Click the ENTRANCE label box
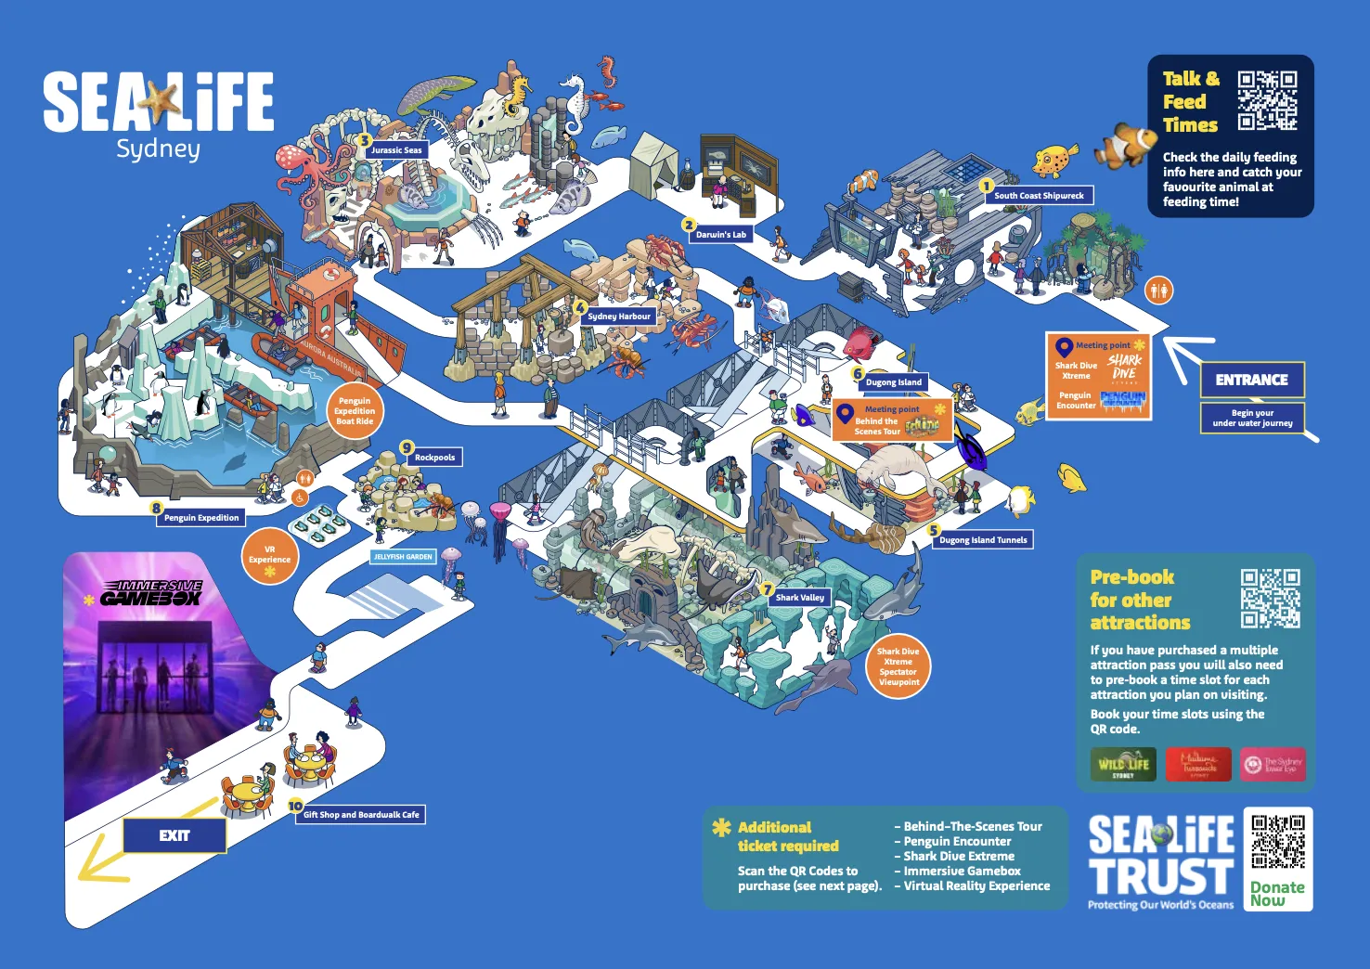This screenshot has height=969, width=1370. (1251, 380)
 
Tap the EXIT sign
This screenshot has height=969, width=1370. (174, 835)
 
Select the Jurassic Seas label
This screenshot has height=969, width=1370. (397, 149)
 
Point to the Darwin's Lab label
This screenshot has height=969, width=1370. (721, 235)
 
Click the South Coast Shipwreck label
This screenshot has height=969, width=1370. (1039, 196)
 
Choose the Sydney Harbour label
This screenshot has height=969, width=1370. (619, 317)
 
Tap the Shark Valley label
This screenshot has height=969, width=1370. (800, 598)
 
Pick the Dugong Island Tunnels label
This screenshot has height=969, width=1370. (983, 539)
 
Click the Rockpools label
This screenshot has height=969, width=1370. (434, 458)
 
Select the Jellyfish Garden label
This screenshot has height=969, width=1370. (403, 557)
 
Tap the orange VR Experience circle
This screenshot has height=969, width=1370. (270, 556)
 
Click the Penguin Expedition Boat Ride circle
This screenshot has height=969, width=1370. (355, 411)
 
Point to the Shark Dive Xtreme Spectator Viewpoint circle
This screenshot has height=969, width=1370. (898, 666)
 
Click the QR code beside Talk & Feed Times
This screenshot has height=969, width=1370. (1267, 100)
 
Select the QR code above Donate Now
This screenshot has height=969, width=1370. (1278, 843)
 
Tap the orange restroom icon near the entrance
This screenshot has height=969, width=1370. (1158, 291)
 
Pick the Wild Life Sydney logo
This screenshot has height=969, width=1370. (1123, 765)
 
